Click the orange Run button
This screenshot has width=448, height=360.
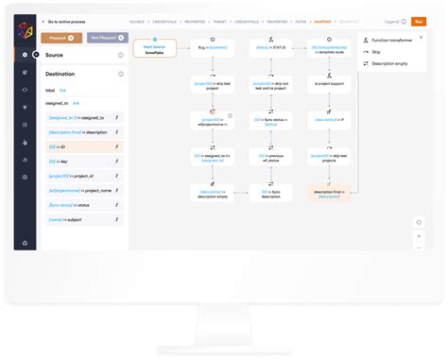418,21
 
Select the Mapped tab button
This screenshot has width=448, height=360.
61,38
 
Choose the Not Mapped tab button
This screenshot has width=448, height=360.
105,38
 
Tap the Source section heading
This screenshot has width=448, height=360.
55,56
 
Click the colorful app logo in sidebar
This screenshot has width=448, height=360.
26,32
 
